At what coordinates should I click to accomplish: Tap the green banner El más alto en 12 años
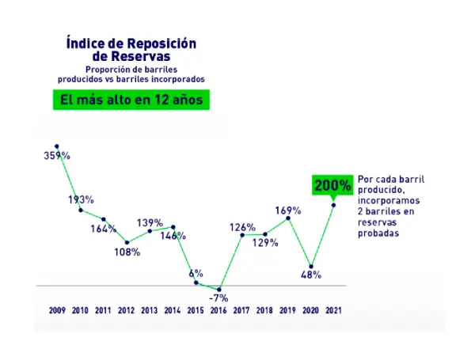coord(131,100)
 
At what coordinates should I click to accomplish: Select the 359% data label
coord(57,156)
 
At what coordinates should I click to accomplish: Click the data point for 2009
coord(57,146)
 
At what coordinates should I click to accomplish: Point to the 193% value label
coord(81,199)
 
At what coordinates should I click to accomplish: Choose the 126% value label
coord(241,227)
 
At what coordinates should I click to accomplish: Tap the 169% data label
coord(287,210)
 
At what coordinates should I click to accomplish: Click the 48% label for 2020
coord(310,275)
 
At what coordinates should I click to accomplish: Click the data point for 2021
coord(333,205)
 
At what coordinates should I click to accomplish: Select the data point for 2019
coord(287,218)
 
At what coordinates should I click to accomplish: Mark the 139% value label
coord(150,223)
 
